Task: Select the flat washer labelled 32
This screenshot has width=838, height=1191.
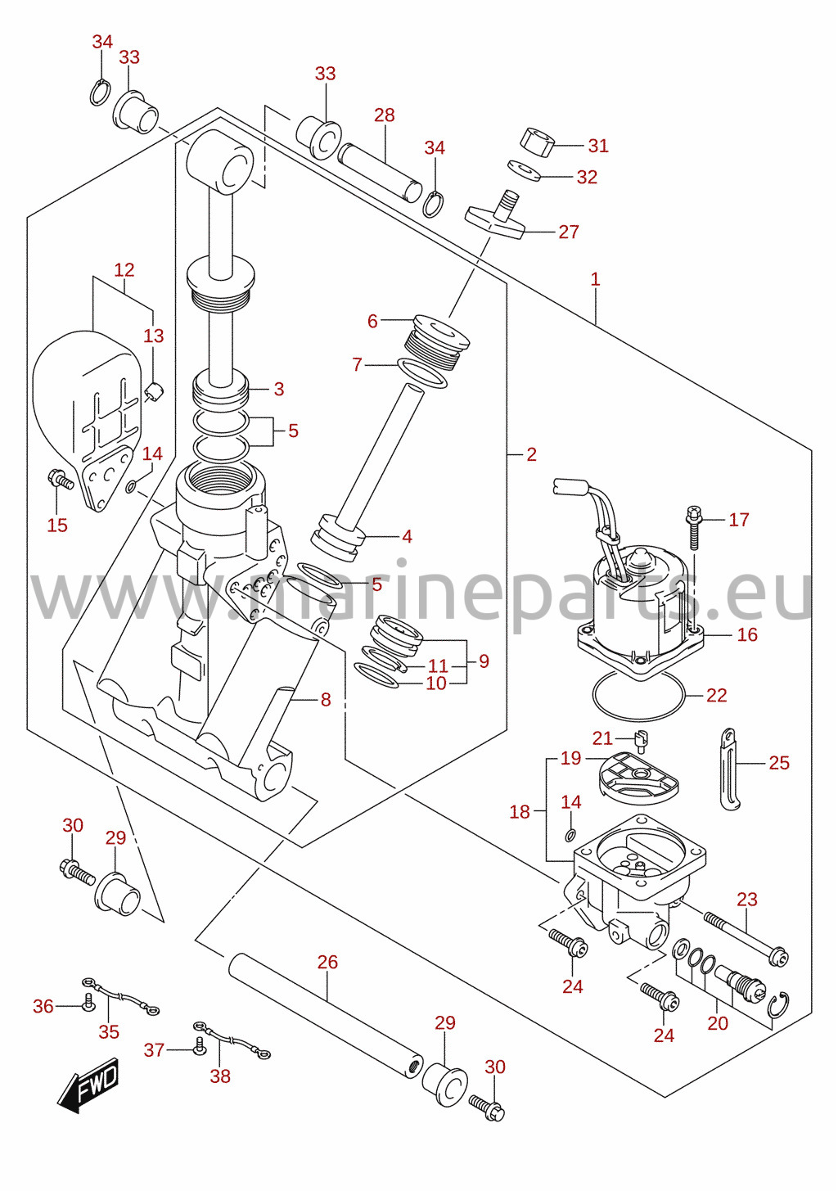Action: coord(524,170)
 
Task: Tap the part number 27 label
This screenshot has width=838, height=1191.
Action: coord(569,232)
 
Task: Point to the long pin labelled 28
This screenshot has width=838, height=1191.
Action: coord(380,173)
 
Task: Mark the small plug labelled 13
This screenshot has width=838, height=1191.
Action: coord(155,392)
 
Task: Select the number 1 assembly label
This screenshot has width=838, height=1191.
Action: coord(595,279)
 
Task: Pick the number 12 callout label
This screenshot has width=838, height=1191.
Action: coord(124,270)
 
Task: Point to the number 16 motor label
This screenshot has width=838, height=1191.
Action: coord(747,634)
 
